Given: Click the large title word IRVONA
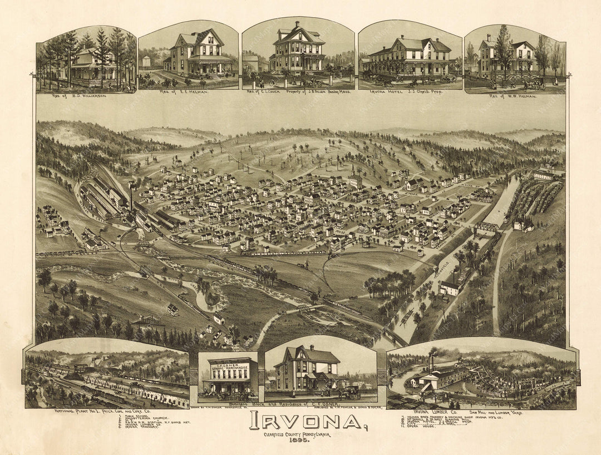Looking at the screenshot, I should [x=305, y=421].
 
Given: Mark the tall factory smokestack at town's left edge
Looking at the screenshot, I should [x=131, y=195].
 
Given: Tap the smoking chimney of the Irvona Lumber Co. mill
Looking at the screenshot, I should [x=430, y=362].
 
